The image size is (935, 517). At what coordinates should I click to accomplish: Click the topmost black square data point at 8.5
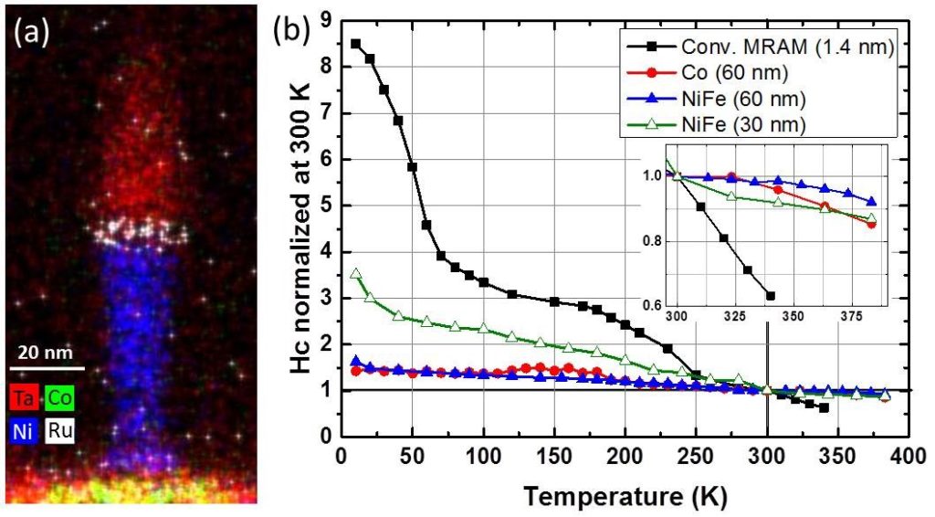point(356,44)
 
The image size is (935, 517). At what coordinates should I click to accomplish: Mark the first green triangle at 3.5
point(356,274)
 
